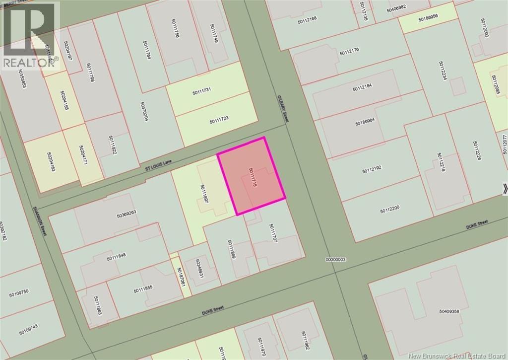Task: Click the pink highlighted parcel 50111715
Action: [x=252, y=176]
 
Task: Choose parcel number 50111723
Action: [x=219, y=120]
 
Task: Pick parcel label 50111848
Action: [x=116, y=256]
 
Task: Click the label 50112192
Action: [x=372, y=169]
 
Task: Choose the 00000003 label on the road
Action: [x=335, y=259]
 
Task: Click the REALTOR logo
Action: [x=30, y=35]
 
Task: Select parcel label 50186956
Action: [x=428, y=16]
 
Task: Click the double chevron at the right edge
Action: [x=505, y=189]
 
